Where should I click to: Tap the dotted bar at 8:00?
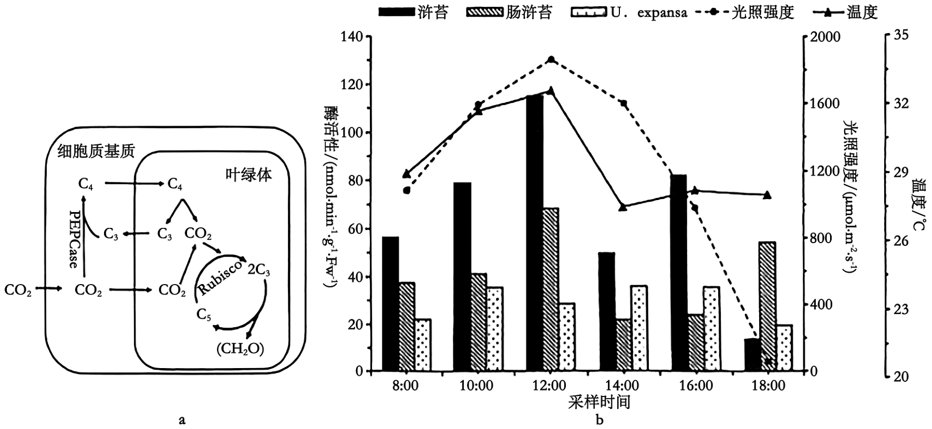click(422, 344)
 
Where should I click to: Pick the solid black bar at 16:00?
click(679, 273)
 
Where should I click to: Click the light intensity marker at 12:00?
click(551, 59)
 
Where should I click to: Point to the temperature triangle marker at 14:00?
click(623, 207)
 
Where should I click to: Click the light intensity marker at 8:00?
click(406, 190)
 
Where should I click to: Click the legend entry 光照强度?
click(746, 12)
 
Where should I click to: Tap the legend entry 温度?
click(846, 12)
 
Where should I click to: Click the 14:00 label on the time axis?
click(623, 386)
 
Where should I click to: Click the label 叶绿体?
click(248, 174)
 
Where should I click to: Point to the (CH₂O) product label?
click(240, 348)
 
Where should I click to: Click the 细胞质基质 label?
click(97, 151)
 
